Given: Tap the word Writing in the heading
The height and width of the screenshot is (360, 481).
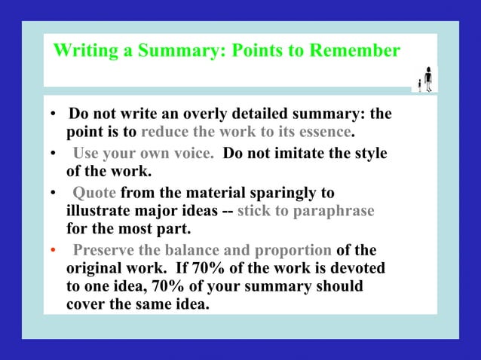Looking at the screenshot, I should coord(82,51).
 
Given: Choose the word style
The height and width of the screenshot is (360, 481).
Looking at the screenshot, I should coord(370,154).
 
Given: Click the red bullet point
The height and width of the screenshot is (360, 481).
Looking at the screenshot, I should coord(52,250).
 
